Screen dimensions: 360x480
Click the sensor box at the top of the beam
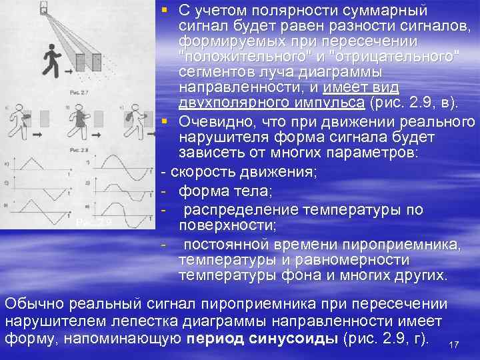click(44, 9)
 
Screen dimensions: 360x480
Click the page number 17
click(455, 344)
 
